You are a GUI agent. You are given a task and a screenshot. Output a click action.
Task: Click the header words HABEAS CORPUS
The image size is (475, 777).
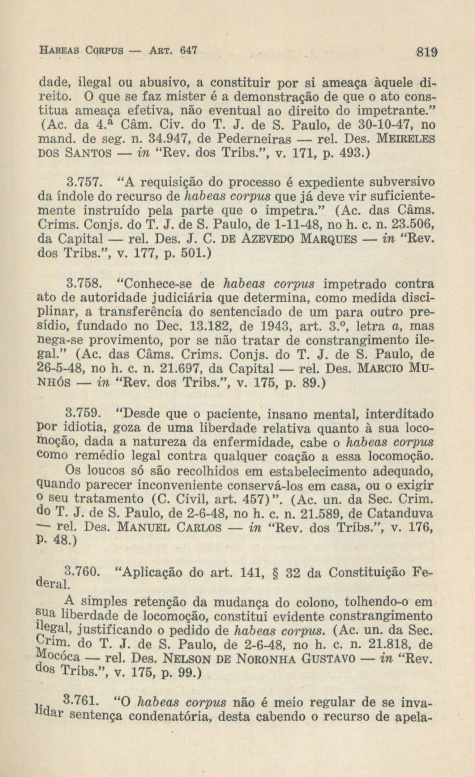(81, 50)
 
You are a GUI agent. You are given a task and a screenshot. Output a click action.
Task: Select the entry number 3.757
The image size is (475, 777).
(84, 183)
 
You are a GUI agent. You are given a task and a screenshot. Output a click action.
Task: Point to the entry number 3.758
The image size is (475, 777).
(84, 284)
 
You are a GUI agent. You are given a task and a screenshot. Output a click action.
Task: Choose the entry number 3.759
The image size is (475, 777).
(84, 413)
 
